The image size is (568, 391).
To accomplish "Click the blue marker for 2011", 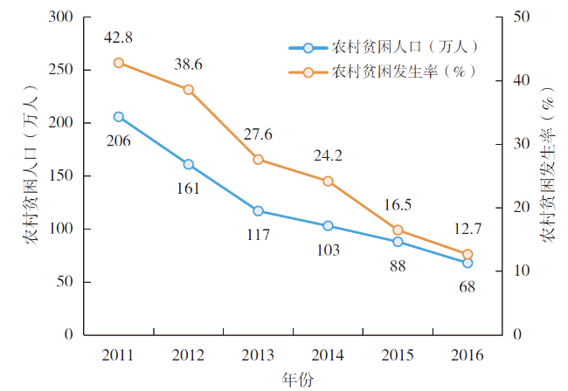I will (x=118, y=117).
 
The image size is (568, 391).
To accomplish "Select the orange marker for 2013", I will (x=258, y=160).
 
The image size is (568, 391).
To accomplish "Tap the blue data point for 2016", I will (x=468, y=263).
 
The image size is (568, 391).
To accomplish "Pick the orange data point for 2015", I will (x=398, y=230).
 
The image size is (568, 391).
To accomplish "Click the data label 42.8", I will (x=118, y=38).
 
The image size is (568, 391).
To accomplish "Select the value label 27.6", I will (x=258, y=134).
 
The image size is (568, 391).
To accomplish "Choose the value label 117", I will (x=258, y=235).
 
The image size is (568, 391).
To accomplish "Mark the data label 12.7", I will (x=468, y=230).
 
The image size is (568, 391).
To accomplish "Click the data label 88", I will (x=398, y=265).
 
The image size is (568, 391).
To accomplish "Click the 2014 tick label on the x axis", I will (x=328, y=354).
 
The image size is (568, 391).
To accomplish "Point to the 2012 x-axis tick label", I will (x=188, y=354).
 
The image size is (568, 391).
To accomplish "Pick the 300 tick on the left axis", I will (x=61, y=17).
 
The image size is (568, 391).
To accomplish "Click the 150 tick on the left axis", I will (x=61, y=175).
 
